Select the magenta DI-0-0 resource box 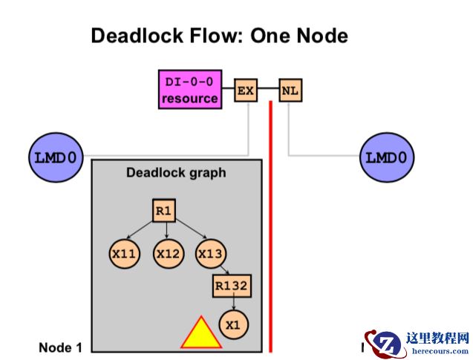pos(190,90)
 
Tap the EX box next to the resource pos(246,91)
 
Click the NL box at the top pos(290,91)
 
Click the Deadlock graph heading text pos(176,174)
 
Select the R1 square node pos(164,212)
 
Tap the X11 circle pos(123,253)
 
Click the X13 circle pos(210,253)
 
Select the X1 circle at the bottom pos(234,324)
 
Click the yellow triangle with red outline pos(200,335)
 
